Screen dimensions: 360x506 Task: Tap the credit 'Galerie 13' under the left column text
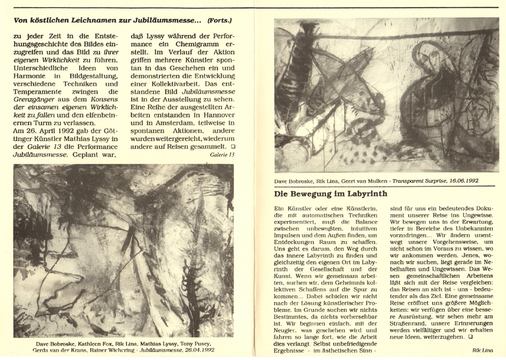click(x=221, y=156)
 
